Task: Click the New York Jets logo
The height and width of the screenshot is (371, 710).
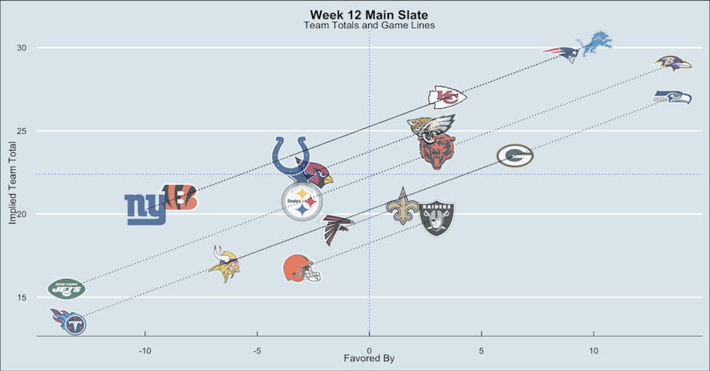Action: pos(67,288)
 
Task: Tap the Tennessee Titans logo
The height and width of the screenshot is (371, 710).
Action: pos(69,321)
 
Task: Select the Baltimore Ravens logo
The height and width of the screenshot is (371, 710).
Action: pos(672,63)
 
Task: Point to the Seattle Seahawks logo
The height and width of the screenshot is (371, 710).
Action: pos(672,97)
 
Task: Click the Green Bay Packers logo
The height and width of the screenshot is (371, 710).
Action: pos(514,155)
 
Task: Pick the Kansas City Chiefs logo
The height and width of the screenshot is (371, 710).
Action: pos(447,97)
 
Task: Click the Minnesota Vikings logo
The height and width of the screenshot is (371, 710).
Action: pos(225,265)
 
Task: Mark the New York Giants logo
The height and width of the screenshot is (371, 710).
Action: pos(145,210)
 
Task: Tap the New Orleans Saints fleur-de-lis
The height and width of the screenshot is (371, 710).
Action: pos(403,206)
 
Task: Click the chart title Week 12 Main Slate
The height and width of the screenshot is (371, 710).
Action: pos(369,15)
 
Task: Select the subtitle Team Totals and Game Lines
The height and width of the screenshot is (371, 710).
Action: pos(369,26)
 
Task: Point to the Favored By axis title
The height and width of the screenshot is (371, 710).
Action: pos(369,358)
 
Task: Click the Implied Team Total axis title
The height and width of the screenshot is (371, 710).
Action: pos(13,183)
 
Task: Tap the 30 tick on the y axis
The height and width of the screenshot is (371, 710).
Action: pos(22,48)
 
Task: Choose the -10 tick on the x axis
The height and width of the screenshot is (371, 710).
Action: pos(144,351)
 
